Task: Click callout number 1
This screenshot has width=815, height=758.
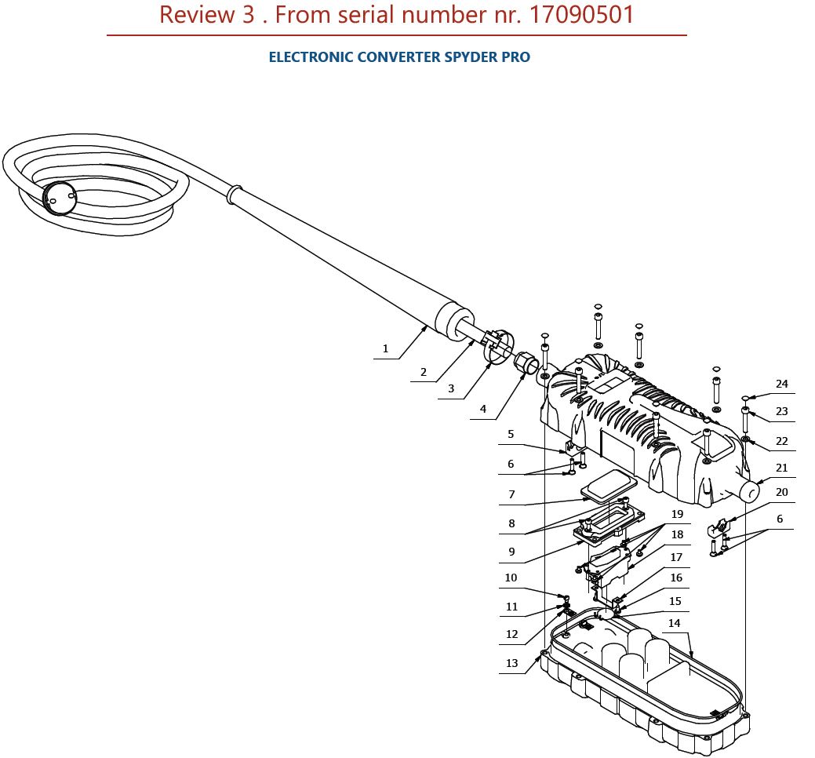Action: [385, 348]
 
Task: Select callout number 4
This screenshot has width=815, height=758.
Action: [483, 409]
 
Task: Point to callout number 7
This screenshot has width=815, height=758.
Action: [511, 495]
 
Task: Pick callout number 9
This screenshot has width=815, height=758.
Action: [511, 552]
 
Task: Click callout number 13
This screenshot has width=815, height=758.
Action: [511, 663]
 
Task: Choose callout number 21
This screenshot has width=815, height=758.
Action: [781, 468]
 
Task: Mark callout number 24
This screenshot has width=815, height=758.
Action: [781, 384]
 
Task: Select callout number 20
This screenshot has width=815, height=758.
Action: [781, 492]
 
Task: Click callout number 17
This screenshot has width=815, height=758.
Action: [675, 558]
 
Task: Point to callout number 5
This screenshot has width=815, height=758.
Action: [511, 434]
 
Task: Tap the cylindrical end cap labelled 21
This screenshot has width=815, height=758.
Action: [749, 491]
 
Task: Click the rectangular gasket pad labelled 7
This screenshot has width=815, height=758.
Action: [608, 487]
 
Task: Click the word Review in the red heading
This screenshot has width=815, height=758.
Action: [196, 15]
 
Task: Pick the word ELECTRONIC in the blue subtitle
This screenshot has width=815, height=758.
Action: [311, 57]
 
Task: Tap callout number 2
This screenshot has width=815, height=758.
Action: [424, 372]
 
